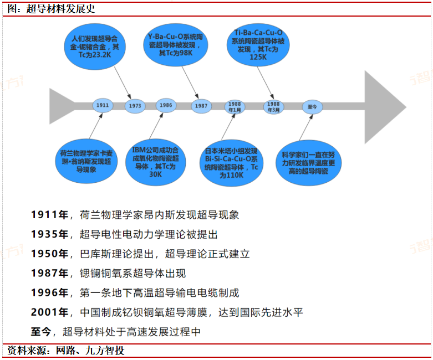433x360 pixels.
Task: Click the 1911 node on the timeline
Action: coord(102,105)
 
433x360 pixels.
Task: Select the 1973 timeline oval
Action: coord(135,105)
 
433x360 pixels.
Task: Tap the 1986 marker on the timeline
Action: coord(165,105)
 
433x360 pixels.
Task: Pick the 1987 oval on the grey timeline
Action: coord(202,106)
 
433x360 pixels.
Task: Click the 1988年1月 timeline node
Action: coord(235,106)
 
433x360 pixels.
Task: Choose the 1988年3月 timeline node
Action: coord(274,106)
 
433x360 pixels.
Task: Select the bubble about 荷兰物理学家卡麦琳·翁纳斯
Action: coord(85,161)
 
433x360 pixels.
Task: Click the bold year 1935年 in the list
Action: coord(49,234)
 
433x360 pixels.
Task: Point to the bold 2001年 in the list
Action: coord(49,312)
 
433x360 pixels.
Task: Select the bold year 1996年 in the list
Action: coord(49,293)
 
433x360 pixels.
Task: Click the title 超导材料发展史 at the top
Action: coord(61,9)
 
